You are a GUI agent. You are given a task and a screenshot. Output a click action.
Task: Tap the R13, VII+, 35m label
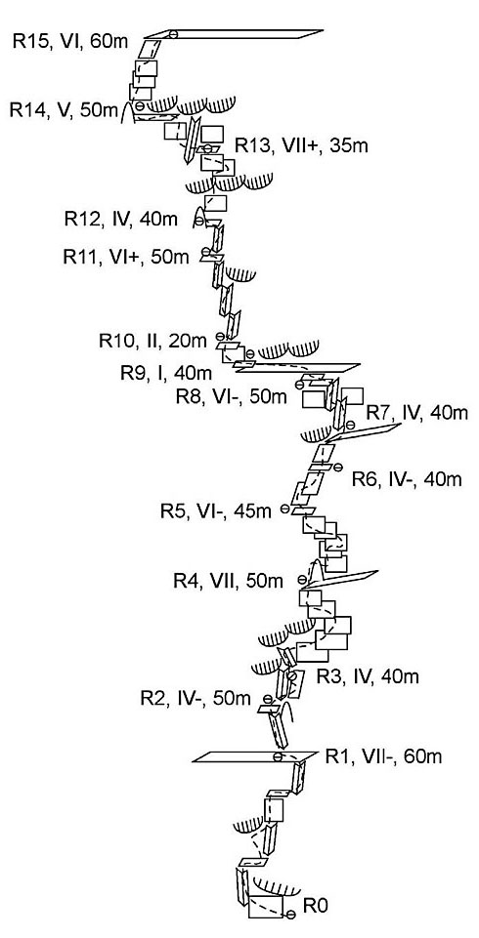[x=301, y=145]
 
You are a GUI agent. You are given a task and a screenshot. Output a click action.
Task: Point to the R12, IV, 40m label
[x=121, y=219]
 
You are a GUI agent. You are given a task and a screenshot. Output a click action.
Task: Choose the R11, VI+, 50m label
[x=126, y=257]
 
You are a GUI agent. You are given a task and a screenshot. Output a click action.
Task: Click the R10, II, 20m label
[x=152, y=341]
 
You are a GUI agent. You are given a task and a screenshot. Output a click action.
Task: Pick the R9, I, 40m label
[x=166, y=373]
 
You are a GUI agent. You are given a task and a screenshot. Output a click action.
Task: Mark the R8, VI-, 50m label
[x=231, y=396]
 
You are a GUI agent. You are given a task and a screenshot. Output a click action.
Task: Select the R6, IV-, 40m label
[x=407, y=479]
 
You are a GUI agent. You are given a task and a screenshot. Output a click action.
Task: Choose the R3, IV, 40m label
[x=367, y=676]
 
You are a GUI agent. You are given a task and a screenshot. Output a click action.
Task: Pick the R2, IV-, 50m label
[x=196, y=698]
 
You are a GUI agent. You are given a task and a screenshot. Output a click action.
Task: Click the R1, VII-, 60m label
[x=384, y=756]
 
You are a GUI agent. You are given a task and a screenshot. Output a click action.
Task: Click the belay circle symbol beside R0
[x=291, y=915]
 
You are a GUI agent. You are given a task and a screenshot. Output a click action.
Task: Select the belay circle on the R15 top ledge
[x=173, y=34]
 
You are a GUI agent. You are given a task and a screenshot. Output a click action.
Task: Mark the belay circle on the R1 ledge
[x=278, y=757]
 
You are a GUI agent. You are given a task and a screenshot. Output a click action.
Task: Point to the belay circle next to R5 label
[x=285, y=510]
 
